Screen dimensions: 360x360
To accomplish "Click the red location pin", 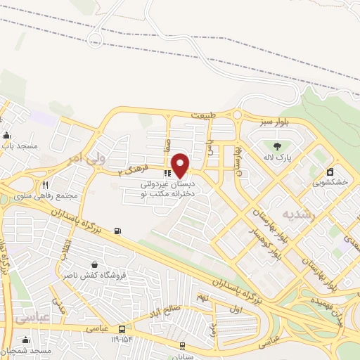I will click(181, 165).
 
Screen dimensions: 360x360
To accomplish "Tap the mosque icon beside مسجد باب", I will click(7, 136).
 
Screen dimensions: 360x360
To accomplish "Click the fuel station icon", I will click(117, 231).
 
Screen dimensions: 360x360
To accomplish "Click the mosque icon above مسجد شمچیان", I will click(25, 340).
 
